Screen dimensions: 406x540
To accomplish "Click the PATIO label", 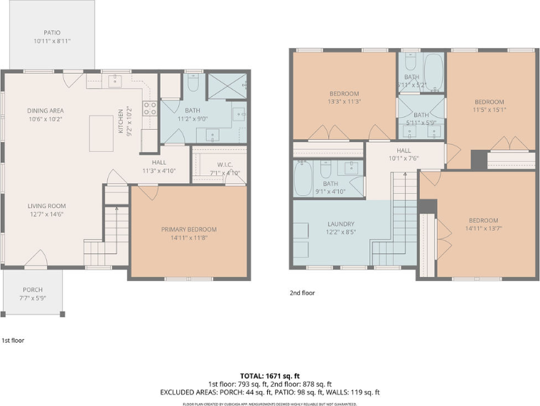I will point(51,33).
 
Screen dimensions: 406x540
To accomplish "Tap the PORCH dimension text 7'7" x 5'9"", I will point(33,299).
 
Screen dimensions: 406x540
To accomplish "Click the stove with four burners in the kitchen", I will point(150,109).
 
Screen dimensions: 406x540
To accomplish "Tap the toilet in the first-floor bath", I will point(192,84).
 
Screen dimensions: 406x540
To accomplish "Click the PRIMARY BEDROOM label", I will point(188,229).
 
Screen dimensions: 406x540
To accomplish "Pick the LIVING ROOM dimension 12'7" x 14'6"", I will point(47,214).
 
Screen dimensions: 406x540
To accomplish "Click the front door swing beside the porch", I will point(37,259).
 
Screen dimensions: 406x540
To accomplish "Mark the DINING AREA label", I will point(45,111).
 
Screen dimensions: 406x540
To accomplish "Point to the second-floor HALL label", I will point(404,150).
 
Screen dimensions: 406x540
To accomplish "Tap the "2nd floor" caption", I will point(302,292).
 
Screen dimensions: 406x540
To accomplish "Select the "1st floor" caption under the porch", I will point(13,341).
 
